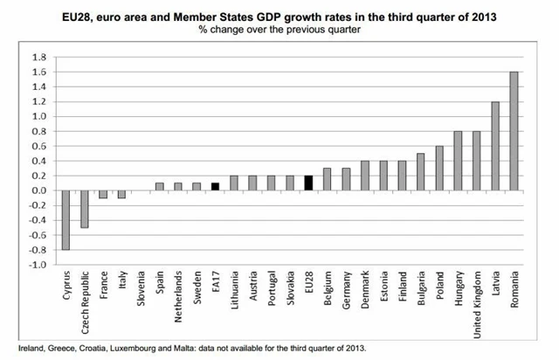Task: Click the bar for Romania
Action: pos(514,131)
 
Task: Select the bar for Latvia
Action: pos(494,146)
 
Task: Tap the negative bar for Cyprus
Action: pos(65,220)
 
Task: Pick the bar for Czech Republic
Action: pos(84,209)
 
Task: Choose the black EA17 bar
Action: pos(216,186)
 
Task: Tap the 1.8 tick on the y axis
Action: pos(38,57)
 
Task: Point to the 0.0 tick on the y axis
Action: pos(38,190)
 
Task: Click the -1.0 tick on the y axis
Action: pos(37,264)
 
